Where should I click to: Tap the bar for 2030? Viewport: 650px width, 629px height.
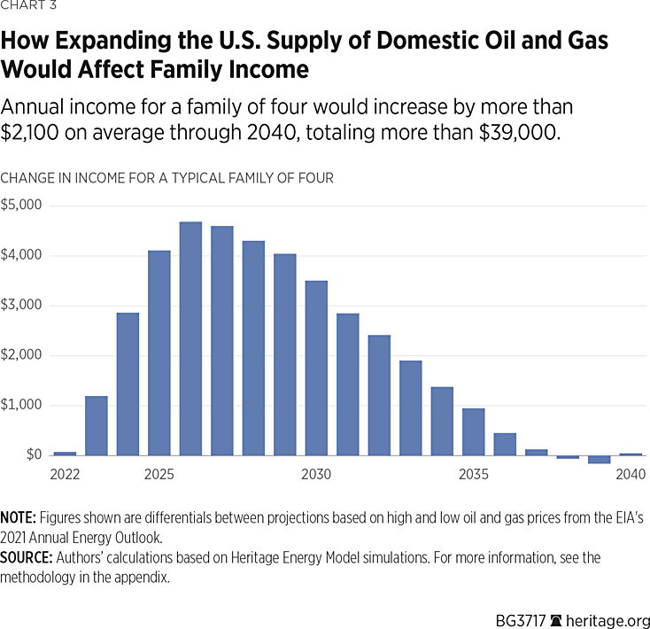(316, 368)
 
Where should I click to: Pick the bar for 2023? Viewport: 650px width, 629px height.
(97, 425)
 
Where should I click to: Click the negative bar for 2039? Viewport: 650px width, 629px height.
(599, 459)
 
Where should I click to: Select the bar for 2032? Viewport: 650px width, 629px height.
(379, 395)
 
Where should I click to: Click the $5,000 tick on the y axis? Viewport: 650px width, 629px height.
(21, 206)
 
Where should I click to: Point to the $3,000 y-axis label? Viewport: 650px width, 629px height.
(21, 306)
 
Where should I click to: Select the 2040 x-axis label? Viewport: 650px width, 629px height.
(631, 475)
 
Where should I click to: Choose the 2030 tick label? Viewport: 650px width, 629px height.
(316, 475)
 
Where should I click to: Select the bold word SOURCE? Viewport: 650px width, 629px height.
(25, 557)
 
